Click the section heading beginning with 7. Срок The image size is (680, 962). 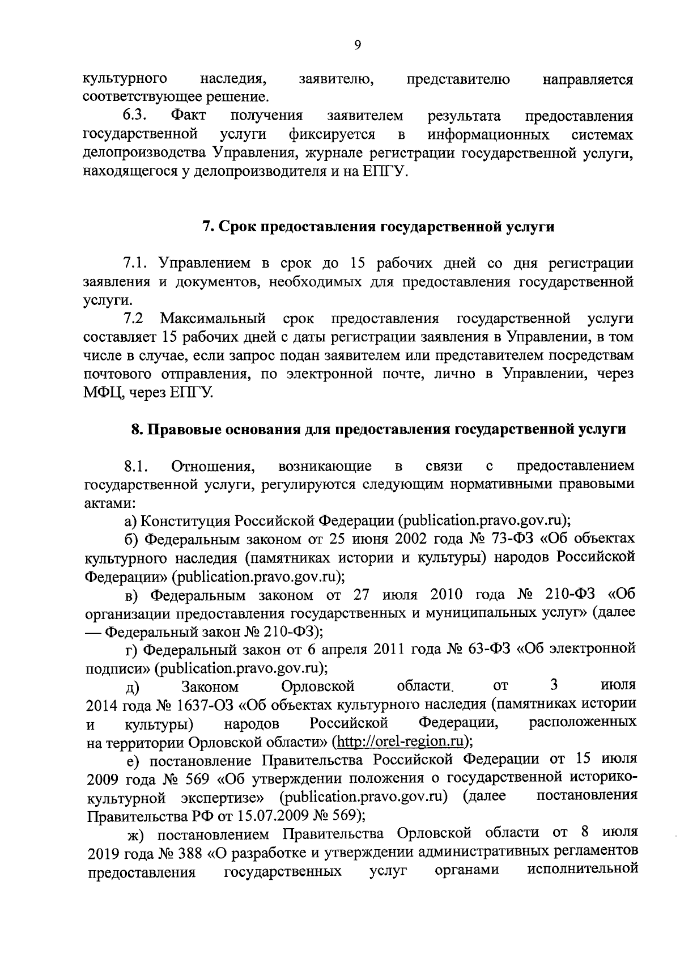tap(378, 227)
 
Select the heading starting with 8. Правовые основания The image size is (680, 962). tap(379, 429)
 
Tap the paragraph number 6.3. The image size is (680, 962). tap(135, 116)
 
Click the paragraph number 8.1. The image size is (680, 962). tap(136, 466)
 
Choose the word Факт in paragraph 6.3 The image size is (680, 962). tap(188, 116)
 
